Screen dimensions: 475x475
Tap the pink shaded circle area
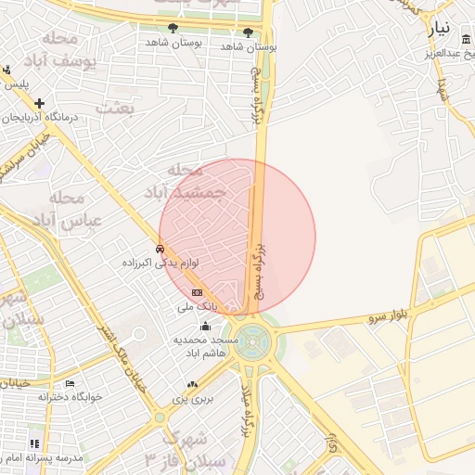[237, 237]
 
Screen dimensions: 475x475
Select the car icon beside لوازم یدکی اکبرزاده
[160, 249]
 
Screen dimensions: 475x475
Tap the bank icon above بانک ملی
[197, 291]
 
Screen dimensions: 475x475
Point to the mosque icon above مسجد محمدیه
[206, 326]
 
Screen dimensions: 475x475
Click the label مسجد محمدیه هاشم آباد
[206, 347]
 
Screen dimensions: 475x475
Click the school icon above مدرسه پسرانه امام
[34, 444]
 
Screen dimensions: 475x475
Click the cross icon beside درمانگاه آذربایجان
[39, 103]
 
